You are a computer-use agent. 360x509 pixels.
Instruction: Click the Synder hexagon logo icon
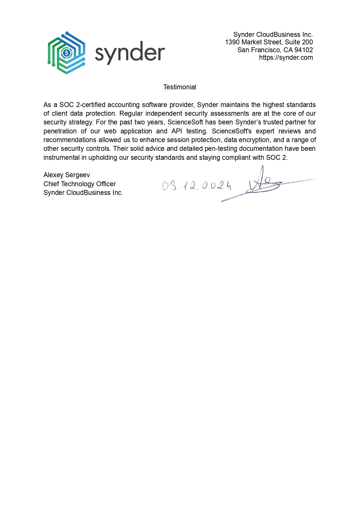(x=66, y=53)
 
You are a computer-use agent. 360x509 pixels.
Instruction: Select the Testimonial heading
(x=180, y=87)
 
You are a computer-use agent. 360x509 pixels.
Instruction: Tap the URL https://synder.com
(x=286, y=57)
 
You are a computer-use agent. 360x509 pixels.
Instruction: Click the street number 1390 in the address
(x=232, y=42)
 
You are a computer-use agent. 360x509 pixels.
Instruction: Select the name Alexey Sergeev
(x=67, y=175)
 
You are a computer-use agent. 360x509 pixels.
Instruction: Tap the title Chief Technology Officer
(x=79, y=184)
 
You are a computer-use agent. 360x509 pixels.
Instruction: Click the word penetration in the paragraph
(x=60, y=131)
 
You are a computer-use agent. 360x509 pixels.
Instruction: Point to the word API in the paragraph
(x=177, y=131)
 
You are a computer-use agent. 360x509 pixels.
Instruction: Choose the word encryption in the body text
(x=255, y=140)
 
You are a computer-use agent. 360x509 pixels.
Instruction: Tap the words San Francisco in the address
(x=259, y=50)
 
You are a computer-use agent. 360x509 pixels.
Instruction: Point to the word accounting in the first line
(x=123, y=105)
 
